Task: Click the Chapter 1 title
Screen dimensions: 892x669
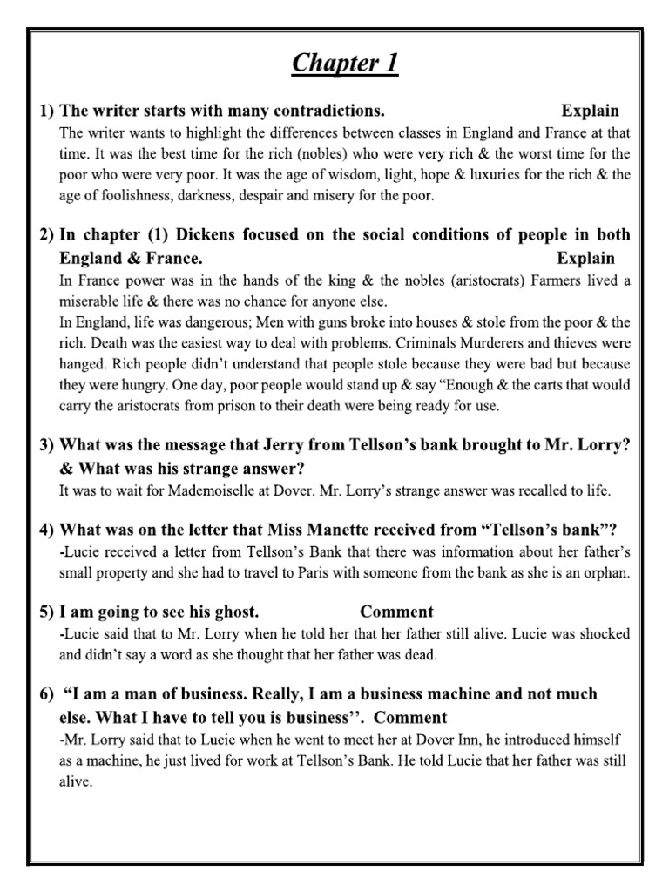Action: (346, 64)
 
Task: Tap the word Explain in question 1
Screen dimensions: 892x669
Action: (590, 111)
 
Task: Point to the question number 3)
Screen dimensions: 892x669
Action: (46, 444)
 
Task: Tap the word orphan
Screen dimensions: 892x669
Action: (603, 573)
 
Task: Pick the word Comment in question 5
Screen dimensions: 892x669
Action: (396, 612)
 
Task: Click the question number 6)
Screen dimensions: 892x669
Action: (46, 694)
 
